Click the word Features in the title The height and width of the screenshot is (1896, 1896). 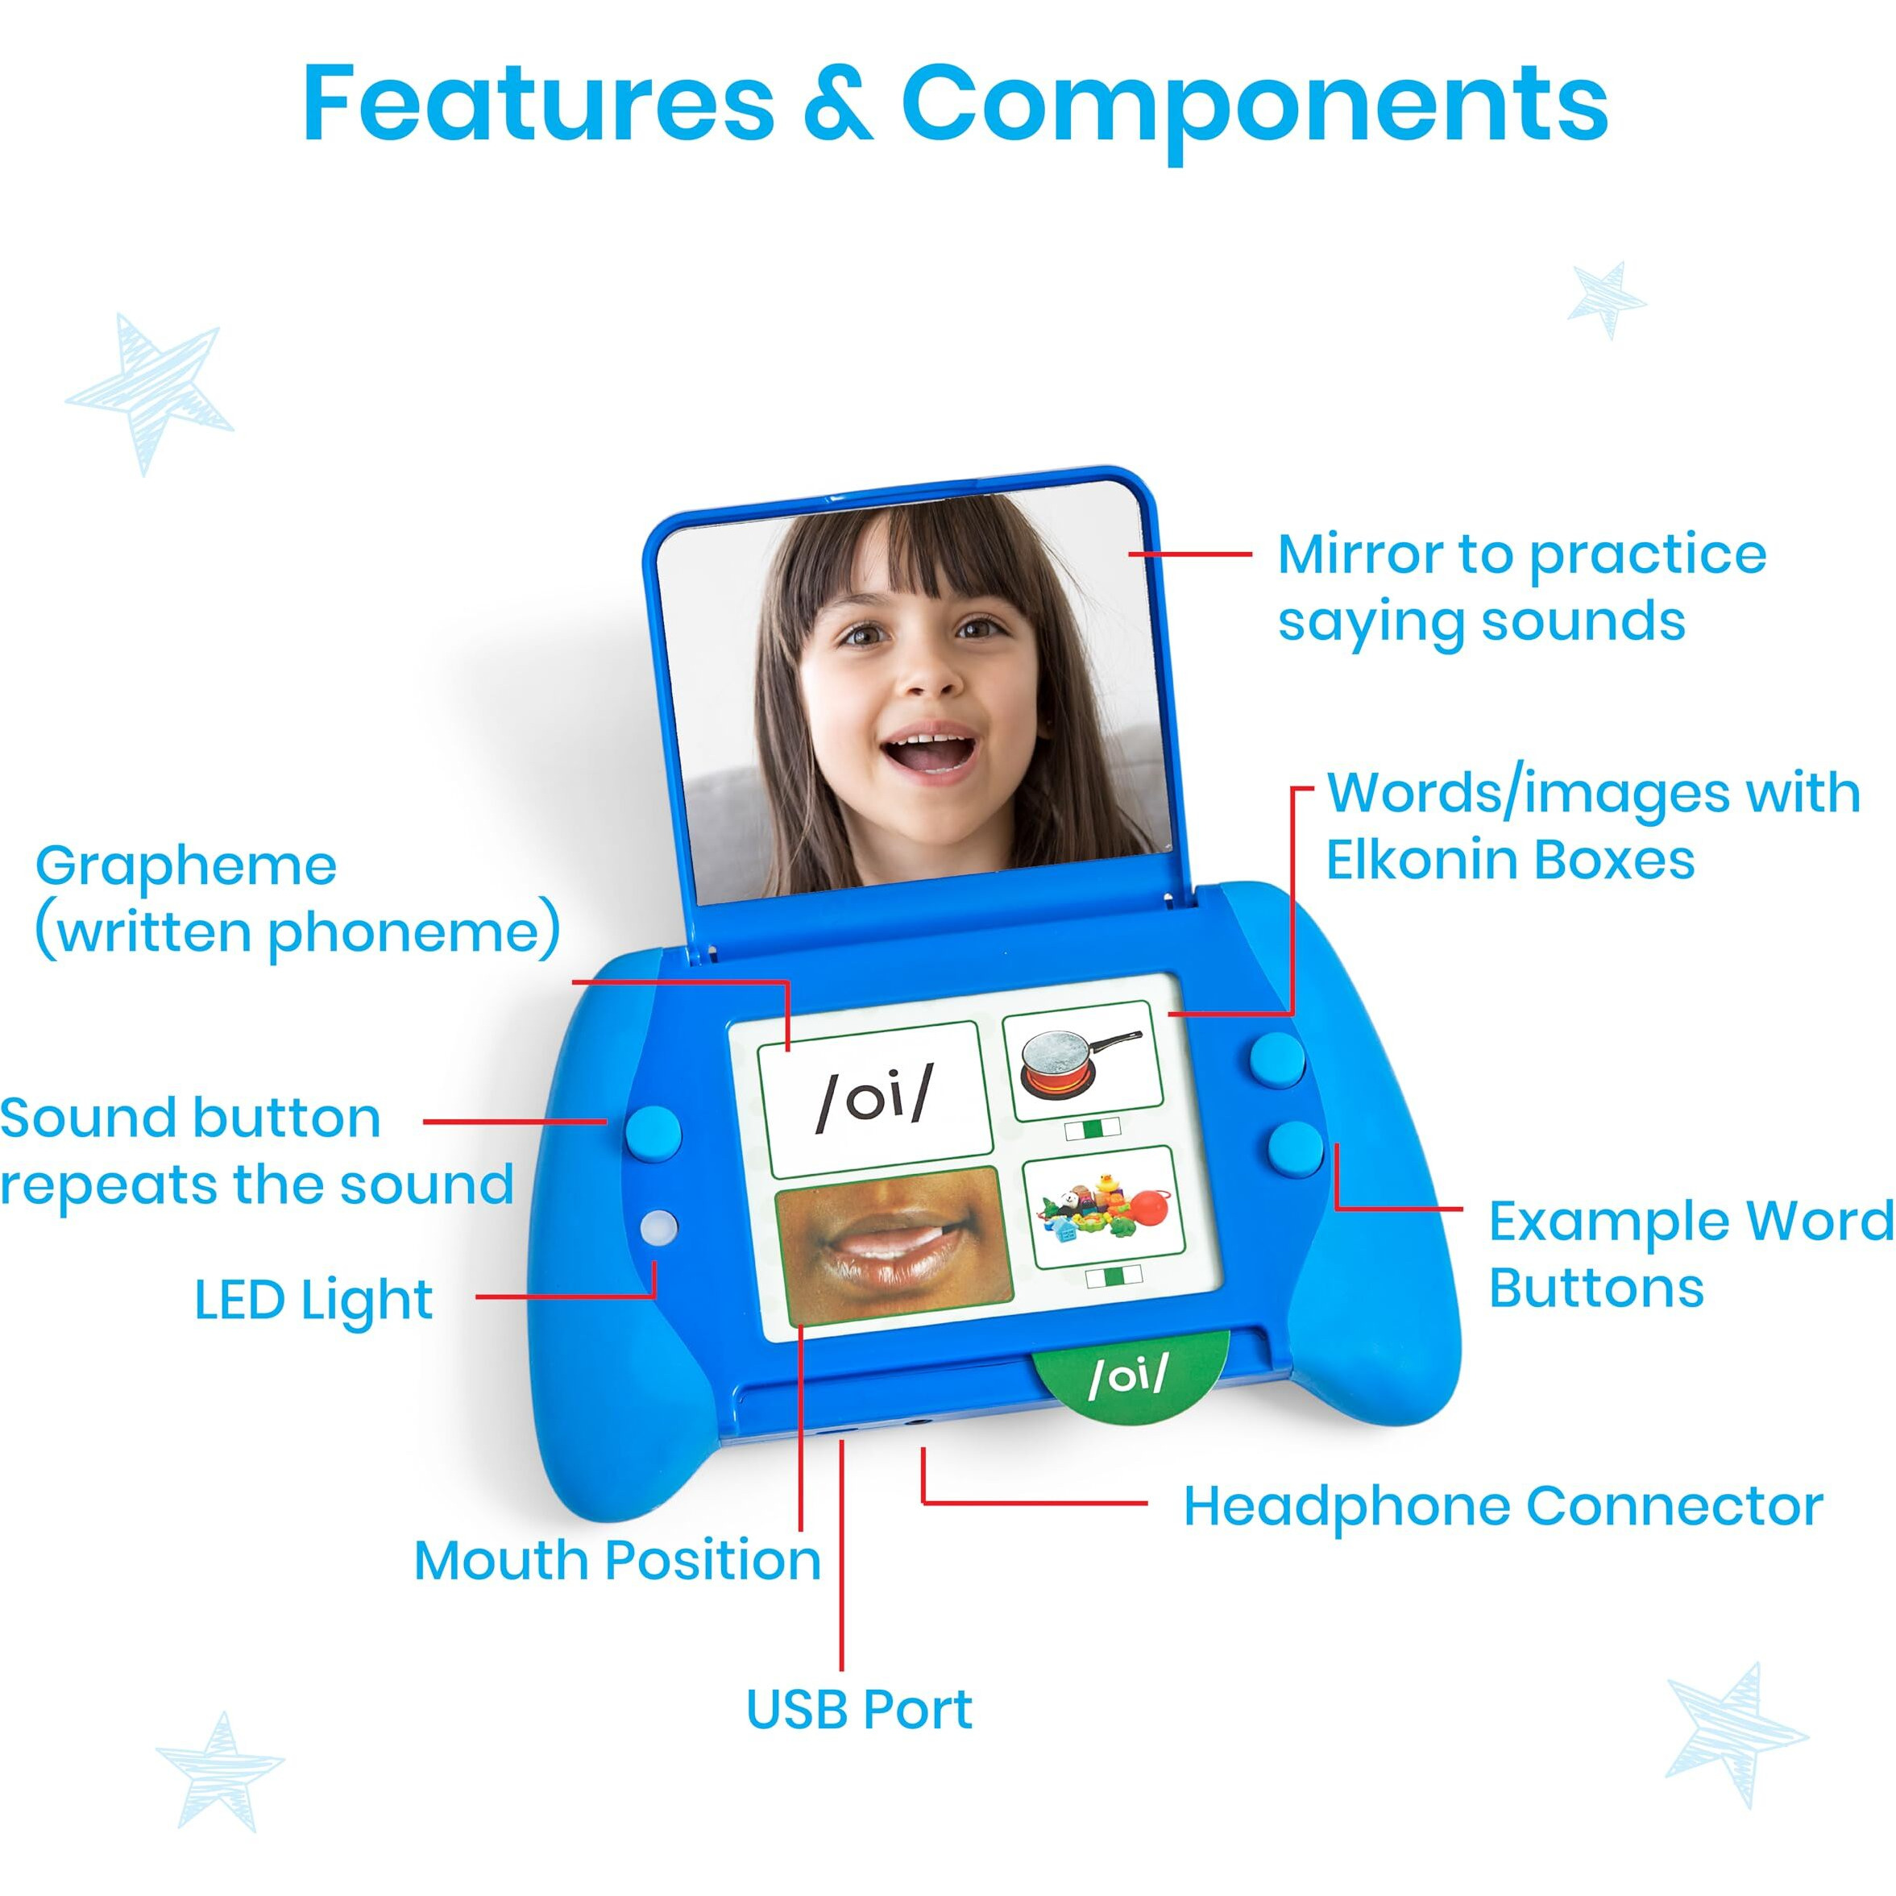tap(537, 104)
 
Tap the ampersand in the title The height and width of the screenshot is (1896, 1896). tap(837, 104)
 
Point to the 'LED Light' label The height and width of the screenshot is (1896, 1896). tap(313, 1301)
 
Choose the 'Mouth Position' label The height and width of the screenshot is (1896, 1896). tap(617, 1559)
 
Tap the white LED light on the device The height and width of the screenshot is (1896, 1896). tap(658, 1226)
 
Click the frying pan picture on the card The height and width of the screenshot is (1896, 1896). tap(1081, 1060)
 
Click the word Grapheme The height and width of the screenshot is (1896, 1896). tap(186, 865)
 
